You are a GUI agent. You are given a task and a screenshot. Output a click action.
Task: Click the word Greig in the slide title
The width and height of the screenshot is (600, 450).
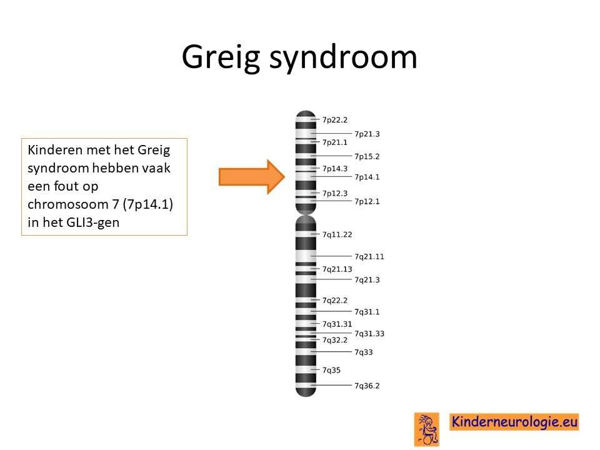[x=221, y=57]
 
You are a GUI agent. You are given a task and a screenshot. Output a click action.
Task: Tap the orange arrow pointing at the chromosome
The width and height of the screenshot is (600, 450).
[x=252, y=177]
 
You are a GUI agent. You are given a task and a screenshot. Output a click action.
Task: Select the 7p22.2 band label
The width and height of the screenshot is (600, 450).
[x=335, y=120]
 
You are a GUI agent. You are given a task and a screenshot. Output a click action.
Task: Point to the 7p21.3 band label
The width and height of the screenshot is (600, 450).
[x=367, y=134]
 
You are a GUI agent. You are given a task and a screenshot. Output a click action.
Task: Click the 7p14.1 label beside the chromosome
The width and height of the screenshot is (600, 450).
[x=367, y=177]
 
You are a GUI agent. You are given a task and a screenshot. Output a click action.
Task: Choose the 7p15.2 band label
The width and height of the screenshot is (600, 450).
[x=367, y=156]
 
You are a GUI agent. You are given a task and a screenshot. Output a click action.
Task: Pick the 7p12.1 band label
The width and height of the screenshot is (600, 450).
[x=367, y=201]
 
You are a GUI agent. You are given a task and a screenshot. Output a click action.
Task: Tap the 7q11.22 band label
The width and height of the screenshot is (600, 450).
[x=337, y=234]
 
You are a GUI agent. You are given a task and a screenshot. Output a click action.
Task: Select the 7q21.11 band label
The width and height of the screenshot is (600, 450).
[x=369, y=256]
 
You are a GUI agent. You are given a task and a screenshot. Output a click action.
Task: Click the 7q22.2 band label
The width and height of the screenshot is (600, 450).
[x=335, y=301]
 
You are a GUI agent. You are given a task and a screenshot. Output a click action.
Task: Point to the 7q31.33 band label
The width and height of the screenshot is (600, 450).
[x=369, y=334]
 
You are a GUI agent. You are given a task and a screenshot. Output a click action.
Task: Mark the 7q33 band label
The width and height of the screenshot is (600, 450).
[x=364, y=352]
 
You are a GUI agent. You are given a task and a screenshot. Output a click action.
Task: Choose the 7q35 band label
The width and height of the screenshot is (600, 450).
[x=331, y=370]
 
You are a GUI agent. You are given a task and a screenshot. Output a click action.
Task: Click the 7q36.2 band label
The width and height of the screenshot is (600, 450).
[x=367, y=386]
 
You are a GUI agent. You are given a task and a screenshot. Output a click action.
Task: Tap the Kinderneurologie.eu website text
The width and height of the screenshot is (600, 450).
[x=514, y=422]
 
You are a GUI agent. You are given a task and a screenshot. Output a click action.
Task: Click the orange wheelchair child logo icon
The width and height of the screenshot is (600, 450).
[x=427, y=429]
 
